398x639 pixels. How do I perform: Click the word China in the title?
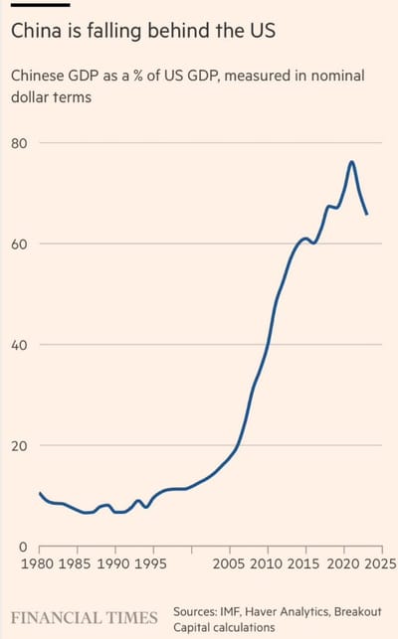[36, 32]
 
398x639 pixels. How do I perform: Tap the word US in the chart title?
[256, 32]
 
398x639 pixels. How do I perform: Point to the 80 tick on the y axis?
[20, 143]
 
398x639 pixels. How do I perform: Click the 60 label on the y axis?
[20, 244]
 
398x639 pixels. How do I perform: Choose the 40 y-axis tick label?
[20, 345]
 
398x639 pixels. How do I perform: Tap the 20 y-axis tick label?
[20, 446]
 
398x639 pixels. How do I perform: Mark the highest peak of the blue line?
[351, 162]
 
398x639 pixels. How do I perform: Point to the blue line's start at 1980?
[40, 493]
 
